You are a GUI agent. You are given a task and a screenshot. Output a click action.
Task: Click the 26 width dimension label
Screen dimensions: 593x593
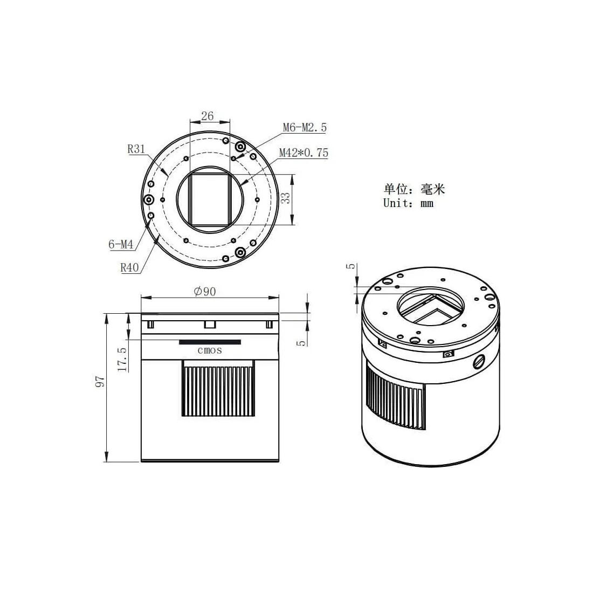[x=207, y=116]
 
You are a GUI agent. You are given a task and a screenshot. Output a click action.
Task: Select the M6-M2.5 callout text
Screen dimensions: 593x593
[x=305, y=127]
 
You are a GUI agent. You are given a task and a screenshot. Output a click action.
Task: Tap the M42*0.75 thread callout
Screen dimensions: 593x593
[x=304, y=153]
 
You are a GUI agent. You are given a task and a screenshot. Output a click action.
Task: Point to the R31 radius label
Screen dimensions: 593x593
[x=136, y=149]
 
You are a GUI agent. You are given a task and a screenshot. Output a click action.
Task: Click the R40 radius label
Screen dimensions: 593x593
[x=129, y=268]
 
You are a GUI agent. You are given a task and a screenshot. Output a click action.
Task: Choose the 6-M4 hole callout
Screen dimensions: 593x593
[x=121, y=244]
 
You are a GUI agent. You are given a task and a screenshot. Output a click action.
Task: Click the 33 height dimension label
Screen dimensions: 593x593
[x=286, y=198]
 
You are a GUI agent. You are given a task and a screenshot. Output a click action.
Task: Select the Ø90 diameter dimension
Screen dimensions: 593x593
[x=205, y=291]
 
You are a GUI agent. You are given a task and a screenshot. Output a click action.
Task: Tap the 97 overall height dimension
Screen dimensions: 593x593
[x=100, y=381]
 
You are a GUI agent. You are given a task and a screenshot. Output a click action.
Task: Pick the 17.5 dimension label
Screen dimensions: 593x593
[x=122, y=359]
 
